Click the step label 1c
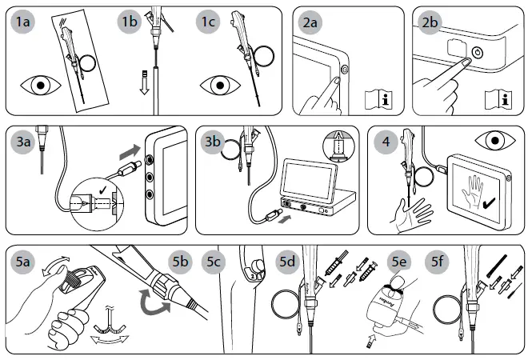pyautogui.click(x=210, y=22)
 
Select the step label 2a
pyautogui.click(x=310, y=22)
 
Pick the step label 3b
pyautogui.click(x=213, y=142)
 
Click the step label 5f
pyautogui.click(x=438, y=262)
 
